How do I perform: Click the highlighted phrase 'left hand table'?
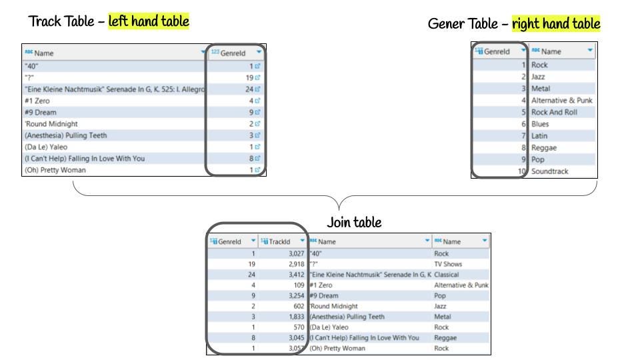(x=149, y=21)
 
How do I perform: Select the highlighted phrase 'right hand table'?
(x=556, y=24)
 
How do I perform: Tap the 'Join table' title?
(x=354, y=223)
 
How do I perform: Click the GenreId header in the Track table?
(x=233, y=53)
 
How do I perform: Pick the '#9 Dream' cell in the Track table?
(x=41, y=112)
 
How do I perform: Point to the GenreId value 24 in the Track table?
(x=249, y=89)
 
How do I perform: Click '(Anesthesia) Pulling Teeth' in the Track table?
(x=66, y=135)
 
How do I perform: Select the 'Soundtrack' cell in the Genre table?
(x=549, y=171)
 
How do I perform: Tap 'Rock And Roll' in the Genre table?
(x=554, y=112)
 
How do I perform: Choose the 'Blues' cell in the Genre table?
(x=540, y=124)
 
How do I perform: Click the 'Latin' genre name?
(x=539, y=136)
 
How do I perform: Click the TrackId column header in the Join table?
(x=279, y=241)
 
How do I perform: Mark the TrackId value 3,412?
(x=296, y=275)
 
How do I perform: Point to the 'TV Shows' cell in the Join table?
(x=448, y=264)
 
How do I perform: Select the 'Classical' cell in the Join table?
(x=446, y=275)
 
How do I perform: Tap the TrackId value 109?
(x=299, y=285)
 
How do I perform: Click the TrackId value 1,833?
(x=296, y=317)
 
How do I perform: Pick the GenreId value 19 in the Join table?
(x=251, y=264)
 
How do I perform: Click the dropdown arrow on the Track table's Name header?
(x=203, y=52)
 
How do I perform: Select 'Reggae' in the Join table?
(x=445, y=338)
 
